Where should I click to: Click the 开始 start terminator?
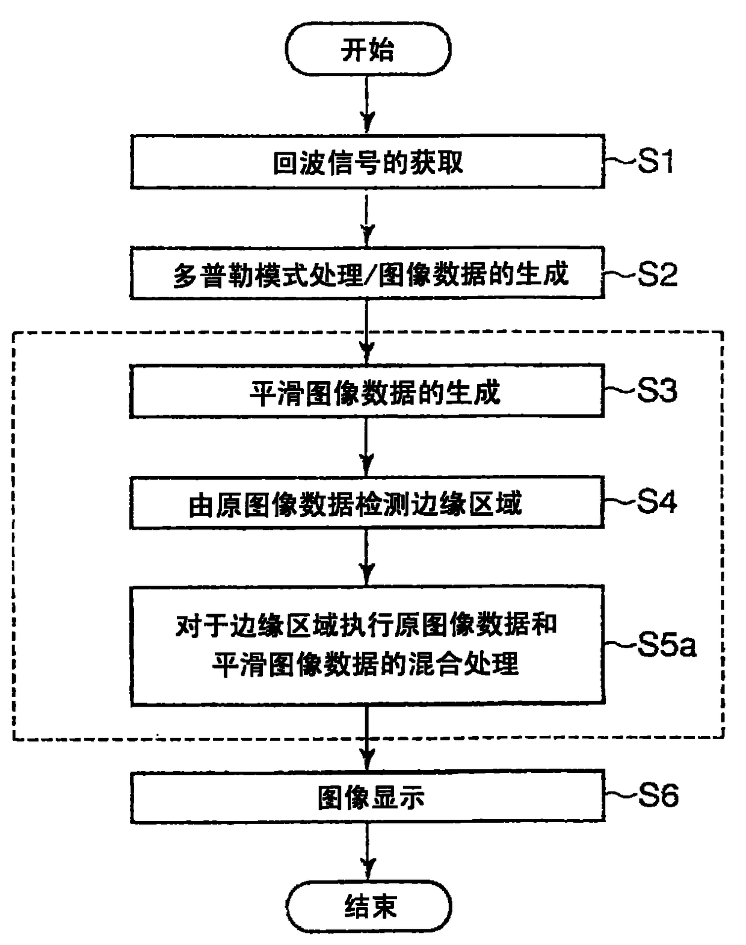(x=368, y=49)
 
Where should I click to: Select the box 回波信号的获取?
(x=367, y=162)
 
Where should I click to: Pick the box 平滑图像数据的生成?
(x=367, y=391)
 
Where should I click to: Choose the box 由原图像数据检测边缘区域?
(x=367, y=503)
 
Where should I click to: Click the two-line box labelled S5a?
(x=367, y=645)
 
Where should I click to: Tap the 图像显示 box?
(x=367, y=797)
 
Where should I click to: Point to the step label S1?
(x=656, y=161)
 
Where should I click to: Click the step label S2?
(x=657, y=274)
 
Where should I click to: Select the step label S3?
(x=657, y=391)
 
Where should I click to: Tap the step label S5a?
(x=667, y=645)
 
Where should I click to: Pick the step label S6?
(x=658, y=795)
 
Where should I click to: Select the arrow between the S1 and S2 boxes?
(x=368, y=218)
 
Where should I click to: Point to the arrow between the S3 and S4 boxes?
(x=367, y=447)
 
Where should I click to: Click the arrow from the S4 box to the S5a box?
(x=367, y=557)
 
